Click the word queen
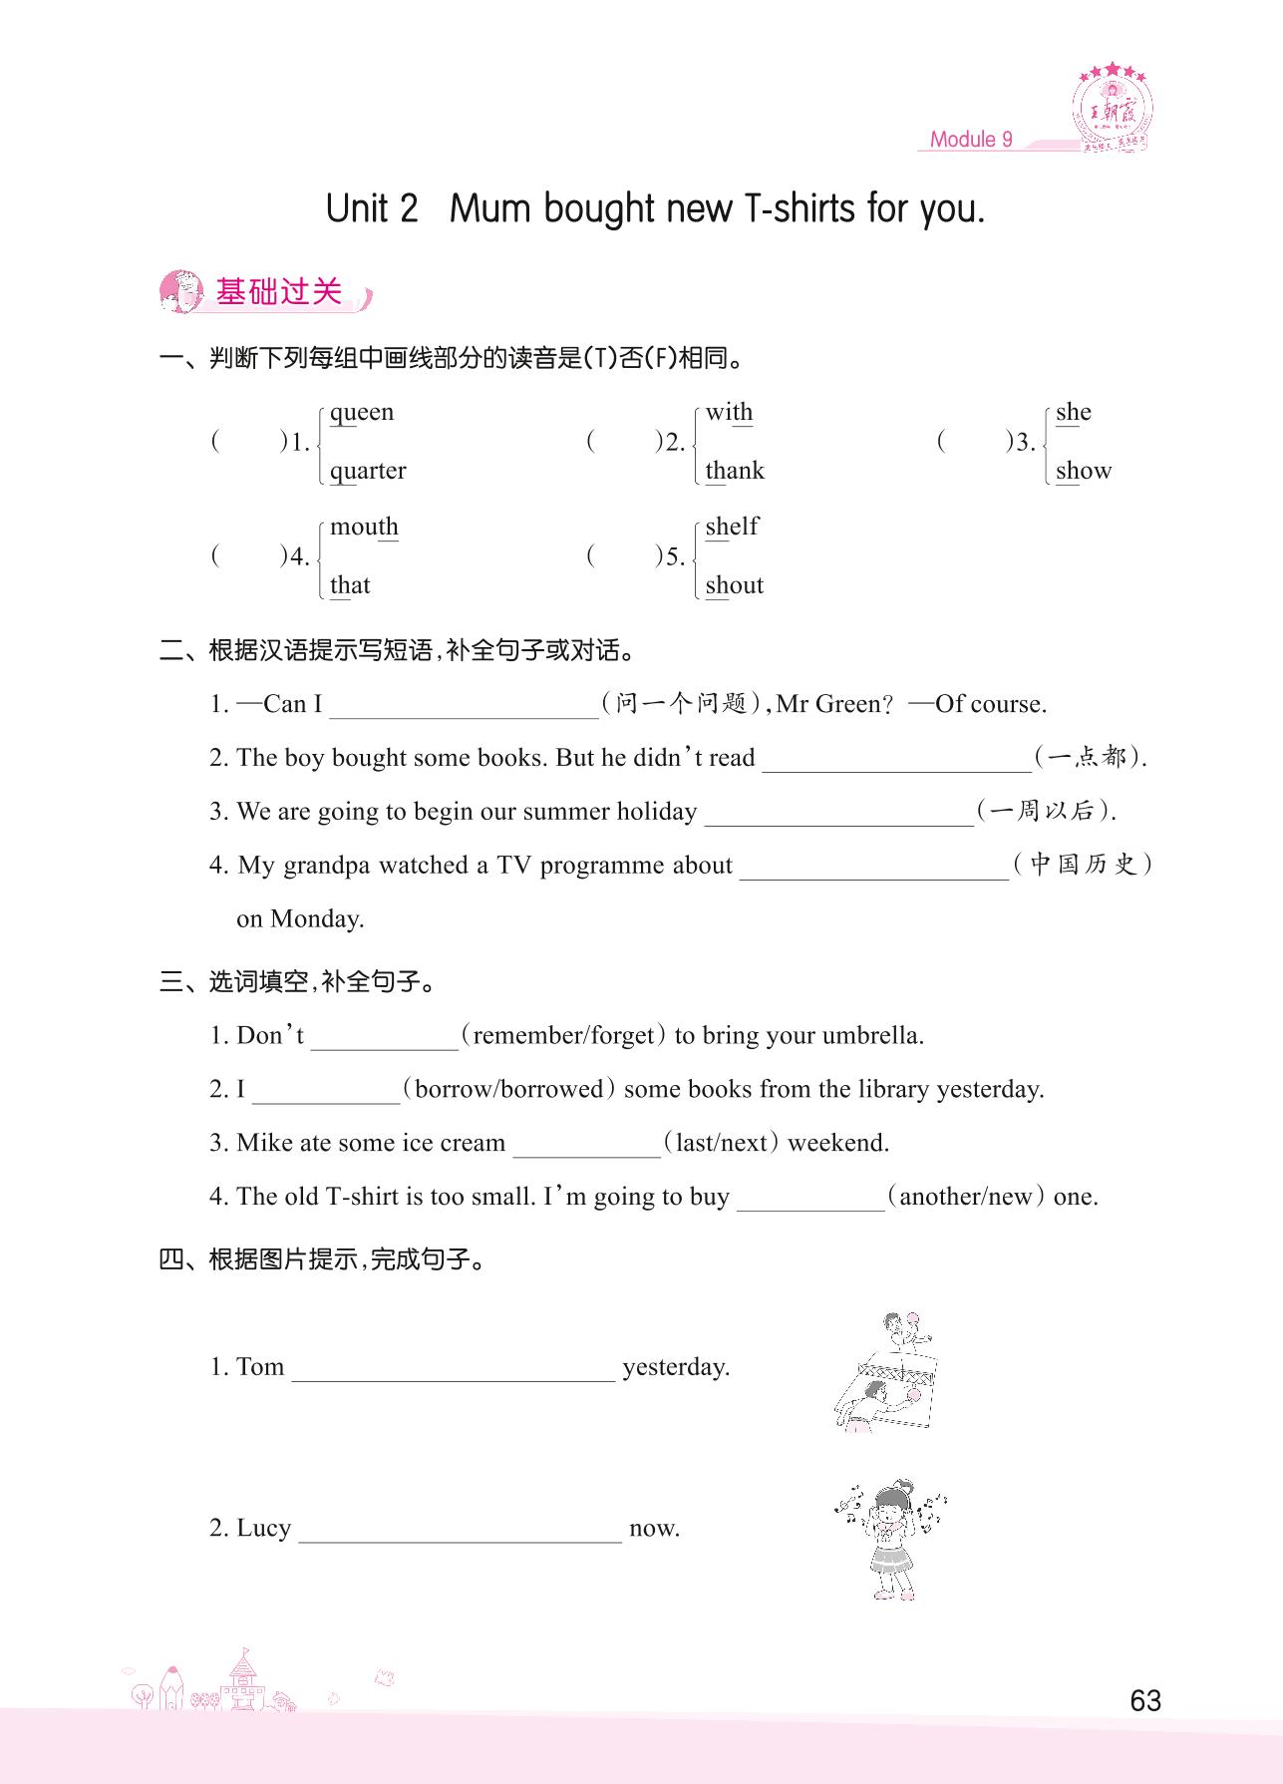tap(361, 413)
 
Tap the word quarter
tap(368, 471)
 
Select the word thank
tap(734, 471)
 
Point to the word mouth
tap(364, 527)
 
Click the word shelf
tap(731, 527)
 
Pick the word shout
tap(734, 585)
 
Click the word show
tap(1083, 471)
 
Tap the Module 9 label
tap(970, 140)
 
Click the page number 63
tap(1145, 1700)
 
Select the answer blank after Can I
tap(464, 707)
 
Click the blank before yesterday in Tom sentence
tap(453, 1370)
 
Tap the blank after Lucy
tap(460, 1532)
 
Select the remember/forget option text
tap(564, 1036)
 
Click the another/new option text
tap(965, 1197)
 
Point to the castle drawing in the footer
tap(242, 1682)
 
